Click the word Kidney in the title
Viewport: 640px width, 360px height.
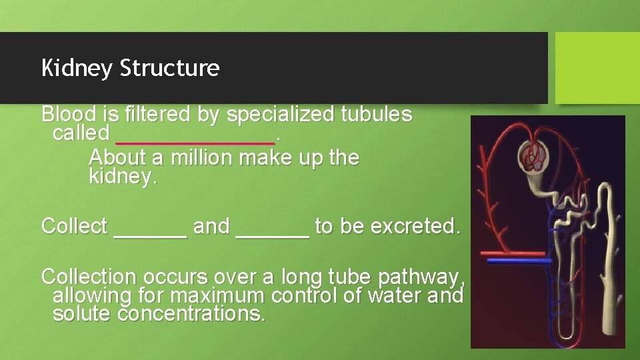77,68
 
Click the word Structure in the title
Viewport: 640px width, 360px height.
169,68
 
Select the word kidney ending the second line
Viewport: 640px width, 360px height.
122,178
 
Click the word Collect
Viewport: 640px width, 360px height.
74,227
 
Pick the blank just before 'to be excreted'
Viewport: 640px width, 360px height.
273,230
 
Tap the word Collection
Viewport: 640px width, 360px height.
87,276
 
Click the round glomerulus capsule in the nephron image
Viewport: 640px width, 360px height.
534,159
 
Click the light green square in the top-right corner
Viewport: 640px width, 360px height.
597,68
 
